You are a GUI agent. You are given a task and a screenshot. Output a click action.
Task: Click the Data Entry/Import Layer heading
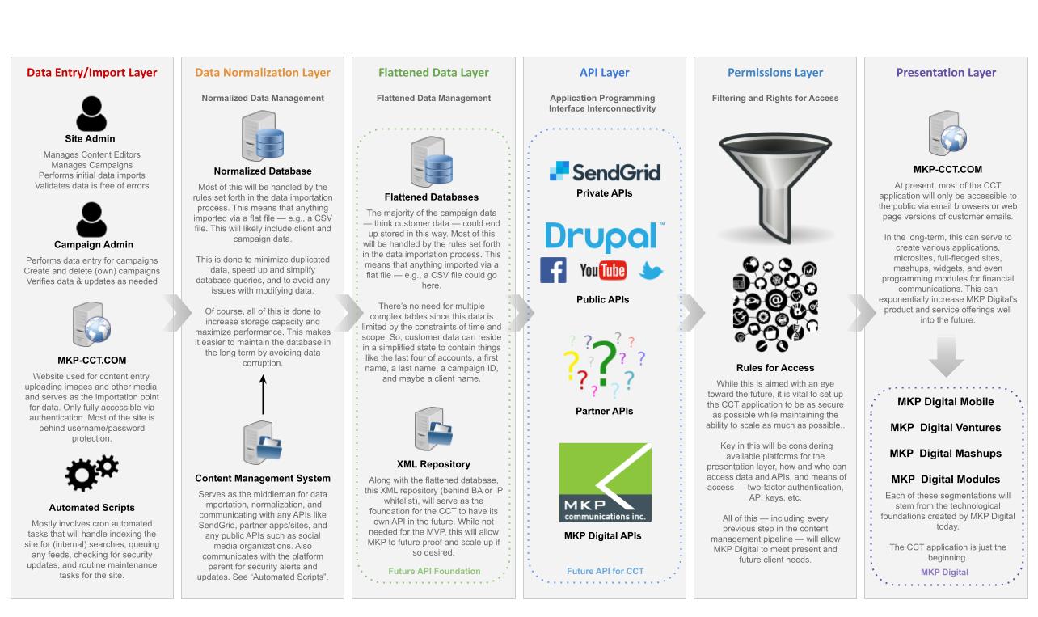click(x=91, y=72)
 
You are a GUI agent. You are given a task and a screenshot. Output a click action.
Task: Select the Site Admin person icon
click(x=91, y=113)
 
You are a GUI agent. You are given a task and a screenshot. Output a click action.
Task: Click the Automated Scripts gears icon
click(x=91, y=473)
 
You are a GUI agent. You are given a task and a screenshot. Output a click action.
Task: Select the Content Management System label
click(x=263, y=478)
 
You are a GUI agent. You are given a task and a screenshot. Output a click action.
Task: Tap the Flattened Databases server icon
click(x=432, y=162)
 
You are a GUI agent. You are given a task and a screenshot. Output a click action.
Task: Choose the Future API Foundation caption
click(x=433, y=571)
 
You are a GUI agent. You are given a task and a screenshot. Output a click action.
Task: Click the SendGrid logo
click(x=605, y=171)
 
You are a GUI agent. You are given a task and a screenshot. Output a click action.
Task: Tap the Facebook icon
click(x=554, y=270)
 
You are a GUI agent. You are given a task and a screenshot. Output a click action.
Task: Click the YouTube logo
click(x=602, y=270)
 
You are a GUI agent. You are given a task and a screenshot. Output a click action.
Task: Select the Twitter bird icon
click(x=650, y=271)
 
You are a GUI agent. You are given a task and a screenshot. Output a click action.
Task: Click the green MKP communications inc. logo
click(x=605, y=482)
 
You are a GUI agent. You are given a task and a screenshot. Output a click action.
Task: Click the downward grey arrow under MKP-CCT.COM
click(x=945, y=358)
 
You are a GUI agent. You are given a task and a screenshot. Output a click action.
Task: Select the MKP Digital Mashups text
click(x=945, y=454)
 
